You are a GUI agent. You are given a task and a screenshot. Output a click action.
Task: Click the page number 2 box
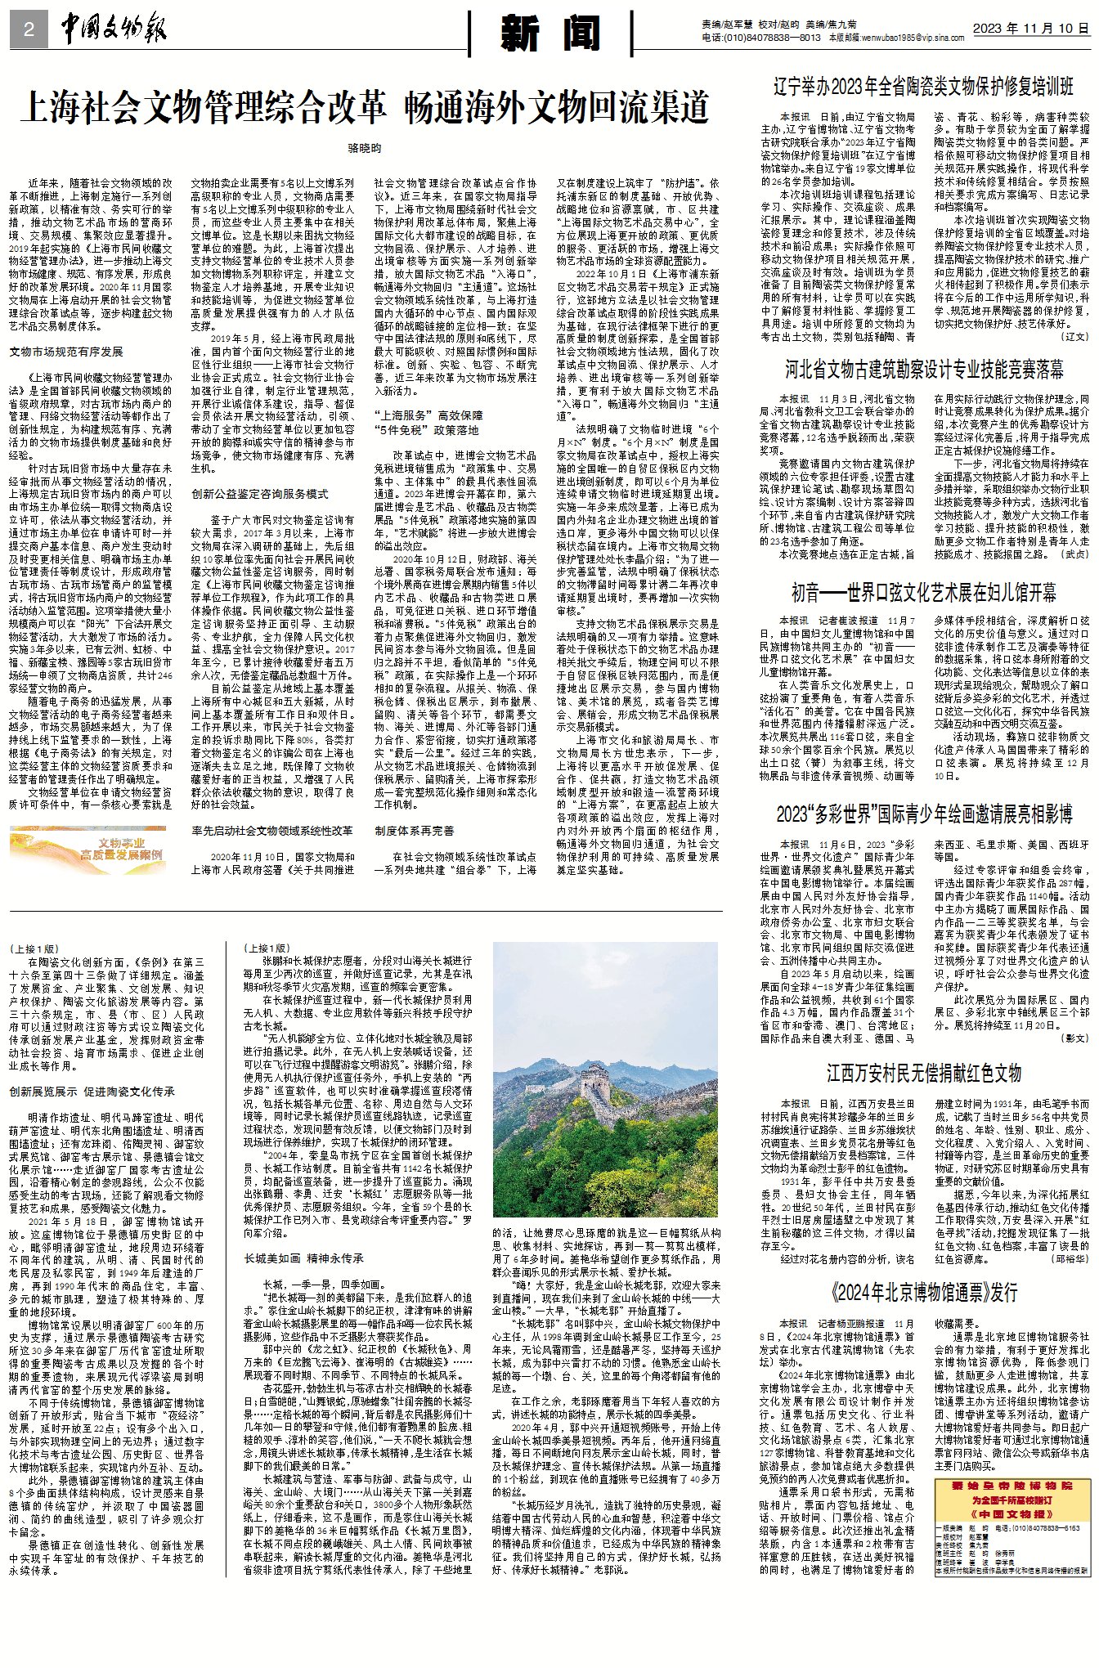[29, 30]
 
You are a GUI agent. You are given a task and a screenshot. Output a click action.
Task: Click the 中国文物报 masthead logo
[114, 30]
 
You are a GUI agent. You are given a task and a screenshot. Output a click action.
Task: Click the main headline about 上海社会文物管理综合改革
[365, 108]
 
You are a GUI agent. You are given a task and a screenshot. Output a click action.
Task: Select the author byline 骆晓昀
[365, 148]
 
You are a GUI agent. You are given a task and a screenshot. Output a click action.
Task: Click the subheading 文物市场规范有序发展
[66, 352]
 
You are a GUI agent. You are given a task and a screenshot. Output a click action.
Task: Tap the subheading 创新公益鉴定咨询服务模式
[260, 494]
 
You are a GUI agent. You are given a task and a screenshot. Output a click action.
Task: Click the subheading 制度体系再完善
[415, 831]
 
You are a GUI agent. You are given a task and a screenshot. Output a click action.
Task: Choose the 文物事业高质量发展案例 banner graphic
[88, 850]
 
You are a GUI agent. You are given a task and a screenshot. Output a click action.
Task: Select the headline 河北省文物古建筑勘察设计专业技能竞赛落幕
[925, 369]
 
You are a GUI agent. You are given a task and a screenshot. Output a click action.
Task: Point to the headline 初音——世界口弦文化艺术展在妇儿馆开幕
[923, 592]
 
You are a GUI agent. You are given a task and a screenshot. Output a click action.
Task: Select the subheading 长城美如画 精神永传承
[304, 1258]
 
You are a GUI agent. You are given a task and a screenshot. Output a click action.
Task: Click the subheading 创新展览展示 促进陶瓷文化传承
[92, 1091]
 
